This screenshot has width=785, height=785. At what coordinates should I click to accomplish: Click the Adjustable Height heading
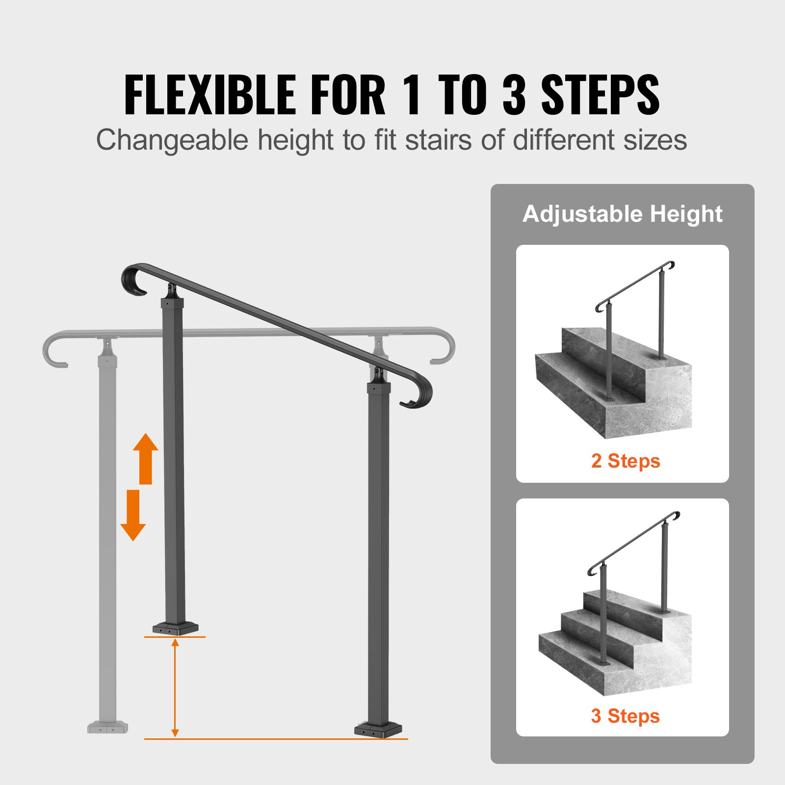pyautogui.click(x=622, y=214)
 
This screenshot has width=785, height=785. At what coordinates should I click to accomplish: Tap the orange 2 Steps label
pyautogui.click(x=626, y=461)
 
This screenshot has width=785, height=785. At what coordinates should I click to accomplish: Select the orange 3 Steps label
pyautogui.click(x=625, y=716)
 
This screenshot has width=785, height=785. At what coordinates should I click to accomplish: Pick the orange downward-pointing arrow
pyautogui.click(x=133, y=515)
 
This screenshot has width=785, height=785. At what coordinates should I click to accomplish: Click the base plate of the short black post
pyautogui.click(x=175, y=628)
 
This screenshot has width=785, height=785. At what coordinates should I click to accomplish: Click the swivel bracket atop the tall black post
pyautogui.click(x=379, y=374)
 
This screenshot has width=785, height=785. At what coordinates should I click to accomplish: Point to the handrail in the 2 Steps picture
pyautogui.click(x=633, y=284)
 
